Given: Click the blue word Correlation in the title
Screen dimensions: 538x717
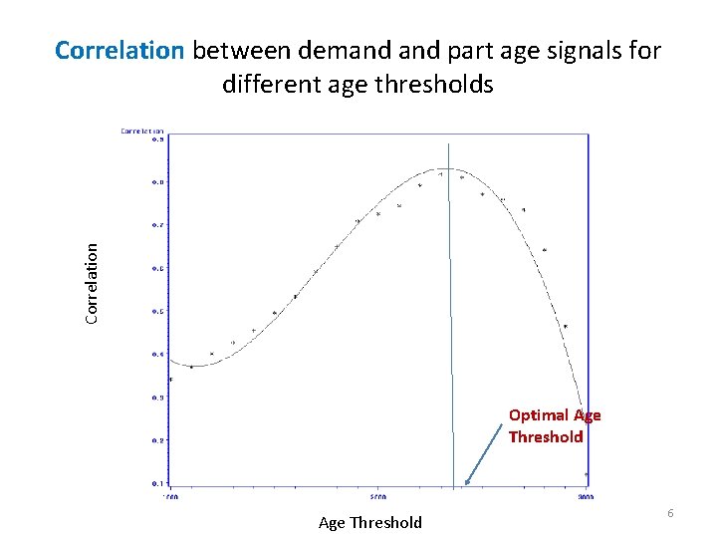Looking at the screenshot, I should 119,51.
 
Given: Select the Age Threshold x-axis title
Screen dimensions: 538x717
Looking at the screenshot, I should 369,522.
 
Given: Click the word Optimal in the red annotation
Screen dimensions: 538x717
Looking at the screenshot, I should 539,415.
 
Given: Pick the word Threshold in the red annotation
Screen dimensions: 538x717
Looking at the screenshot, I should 545,436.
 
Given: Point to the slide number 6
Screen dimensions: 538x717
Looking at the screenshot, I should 670,512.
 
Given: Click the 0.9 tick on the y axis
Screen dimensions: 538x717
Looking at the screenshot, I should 157,139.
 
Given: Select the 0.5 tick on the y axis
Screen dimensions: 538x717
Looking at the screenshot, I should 157,311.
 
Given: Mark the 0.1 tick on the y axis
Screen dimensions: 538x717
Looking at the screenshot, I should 157,483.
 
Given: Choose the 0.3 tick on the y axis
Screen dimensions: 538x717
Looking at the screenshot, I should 157,397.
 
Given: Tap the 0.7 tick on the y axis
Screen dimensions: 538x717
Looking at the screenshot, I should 157,225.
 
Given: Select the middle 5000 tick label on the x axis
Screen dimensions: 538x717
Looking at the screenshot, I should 377,495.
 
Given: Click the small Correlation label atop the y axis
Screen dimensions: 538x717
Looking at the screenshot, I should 142,130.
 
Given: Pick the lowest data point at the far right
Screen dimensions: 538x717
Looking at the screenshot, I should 587,474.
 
